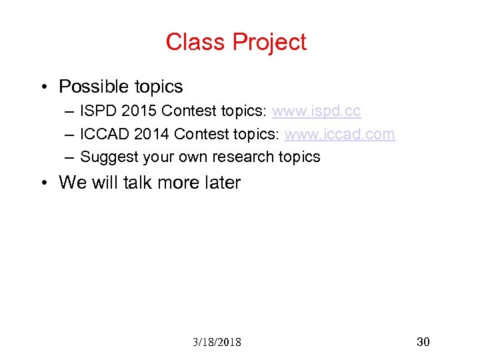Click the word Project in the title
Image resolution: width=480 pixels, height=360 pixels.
coord(270,43)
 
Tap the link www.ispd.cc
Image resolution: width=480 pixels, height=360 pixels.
coord(316,111)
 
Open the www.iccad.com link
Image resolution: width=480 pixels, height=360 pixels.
coord(339,134)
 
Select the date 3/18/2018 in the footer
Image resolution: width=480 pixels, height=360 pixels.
coord(217,342)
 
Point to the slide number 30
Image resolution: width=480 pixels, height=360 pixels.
coord(423,342)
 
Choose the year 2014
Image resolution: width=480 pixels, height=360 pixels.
coord(151,134)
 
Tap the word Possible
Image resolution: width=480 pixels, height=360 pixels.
coord(93,87)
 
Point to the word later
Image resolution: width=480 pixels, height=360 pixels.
coord(219,183)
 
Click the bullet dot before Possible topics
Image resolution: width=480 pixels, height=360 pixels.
coord(42,87)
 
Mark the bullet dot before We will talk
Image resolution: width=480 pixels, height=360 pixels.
coord(42,183)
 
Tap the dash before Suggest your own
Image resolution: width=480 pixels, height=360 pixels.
coord(70,158)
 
